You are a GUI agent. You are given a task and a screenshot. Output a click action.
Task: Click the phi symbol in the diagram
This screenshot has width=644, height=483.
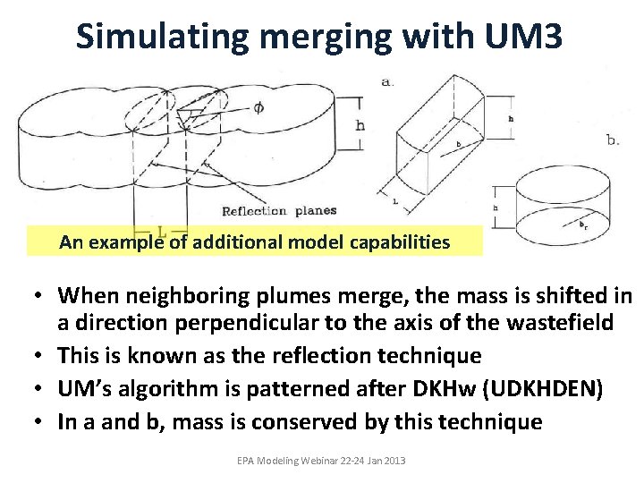point(258,108)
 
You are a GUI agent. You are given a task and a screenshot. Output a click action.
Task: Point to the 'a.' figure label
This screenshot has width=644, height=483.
point(387,81)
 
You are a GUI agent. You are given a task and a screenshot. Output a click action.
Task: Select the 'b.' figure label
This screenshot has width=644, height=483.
point(613,140)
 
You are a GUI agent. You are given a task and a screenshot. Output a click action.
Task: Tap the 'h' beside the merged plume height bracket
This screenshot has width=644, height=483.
point(360,125)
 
